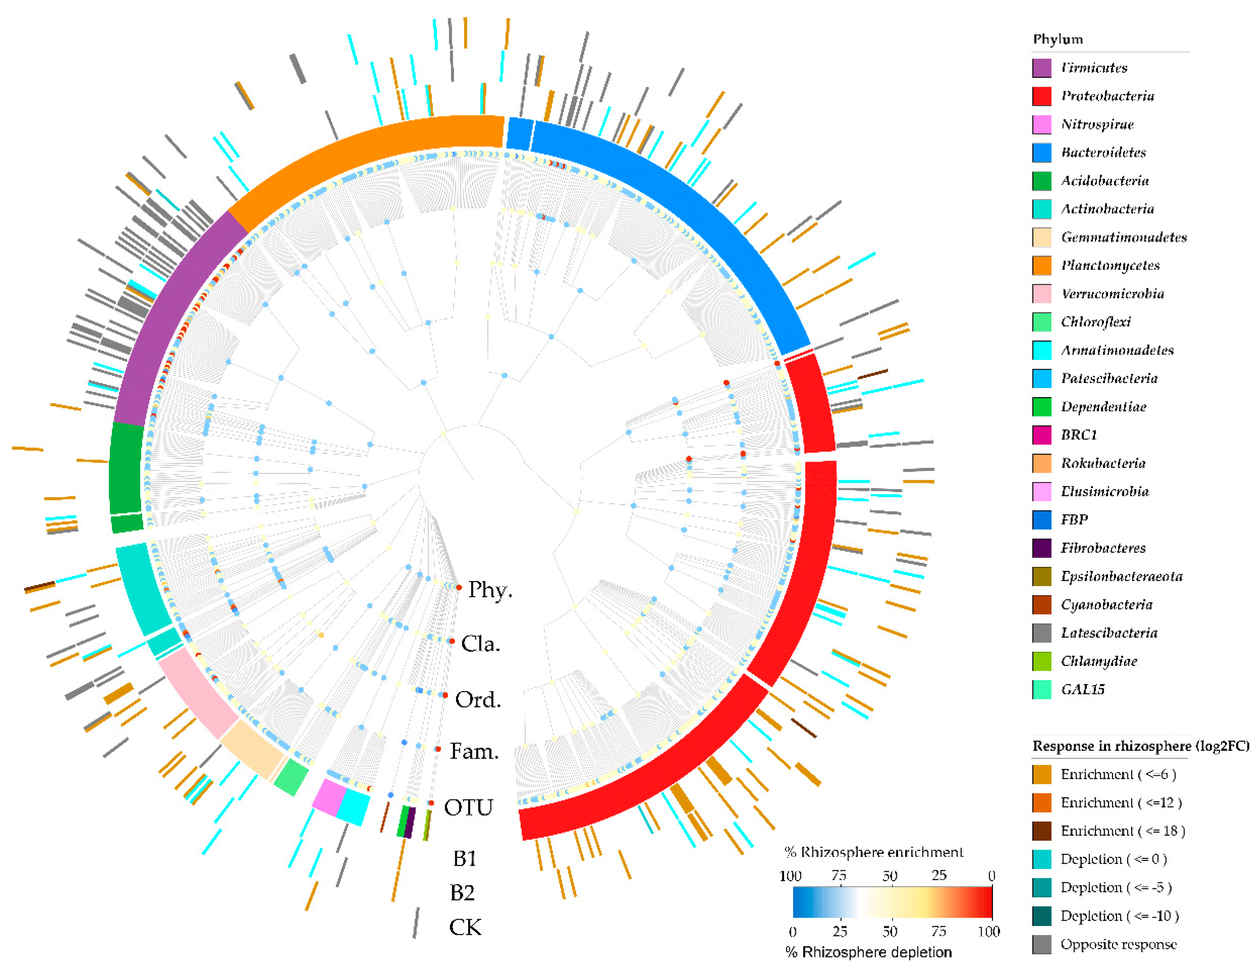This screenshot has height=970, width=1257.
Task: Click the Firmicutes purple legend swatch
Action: (x=1041, y=68)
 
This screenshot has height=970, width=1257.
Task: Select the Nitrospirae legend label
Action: (x=1097, y=124)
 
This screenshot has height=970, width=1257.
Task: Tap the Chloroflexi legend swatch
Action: (x=1041, y=321)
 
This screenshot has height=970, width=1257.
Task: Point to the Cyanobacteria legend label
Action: (x=1106, y=604)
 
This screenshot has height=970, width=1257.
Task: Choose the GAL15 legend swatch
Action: (x=1041, y=689)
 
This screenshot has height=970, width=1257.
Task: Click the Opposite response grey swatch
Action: (x=1041, y=944)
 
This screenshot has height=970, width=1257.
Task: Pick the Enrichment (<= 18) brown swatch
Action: (x=1041, y=831)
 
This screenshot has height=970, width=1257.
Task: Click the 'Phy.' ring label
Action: (x=490, y=590)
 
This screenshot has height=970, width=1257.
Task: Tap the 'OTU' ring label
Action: (x=468, y=807)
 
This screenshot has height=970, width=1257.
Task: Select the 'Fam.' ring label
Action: (x=474, y=751)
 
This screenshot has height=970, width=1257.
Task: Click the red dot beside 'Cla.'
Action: (x=452, y=641)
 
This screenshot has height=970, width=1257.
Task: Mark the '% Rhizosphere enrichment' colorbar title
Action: (x=873, y=852)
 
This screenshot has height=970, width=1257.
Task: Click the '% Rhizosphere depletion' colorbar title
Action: (x=868, y=952)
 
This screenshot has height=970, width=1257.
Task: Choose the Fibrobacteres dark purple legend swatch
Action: (x=1041, y=548)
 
